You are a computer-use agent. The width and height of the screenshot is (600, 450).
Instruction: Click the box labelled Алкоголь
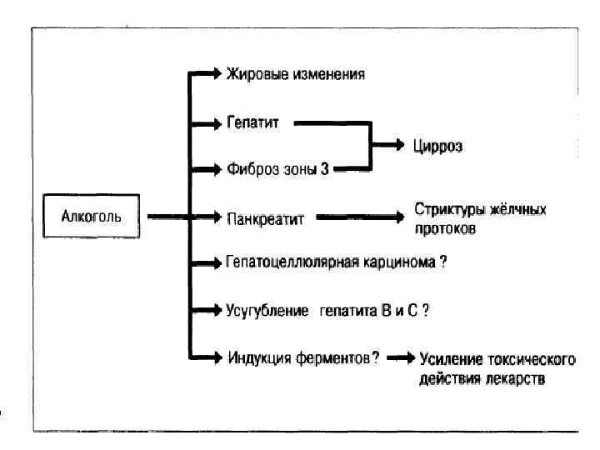(92, 217)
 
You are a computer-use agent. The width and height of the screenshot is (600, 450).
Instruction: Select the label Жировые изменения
(296, 74)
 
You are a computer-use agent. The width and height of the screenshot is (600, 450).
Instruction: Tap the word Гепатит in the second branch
(252, 122)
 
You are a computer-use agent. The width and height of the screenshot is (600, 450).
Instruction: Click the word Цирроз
(437, 146)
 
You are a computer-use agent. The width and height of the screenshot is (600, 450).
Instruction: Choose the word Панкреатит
(266, 217)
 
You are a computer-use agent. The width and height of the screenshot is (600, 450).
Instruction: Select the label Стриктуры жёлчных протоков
(480, 217)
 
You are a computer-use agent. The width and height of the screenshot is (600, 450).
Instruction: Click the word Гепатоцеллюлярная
(289, 262)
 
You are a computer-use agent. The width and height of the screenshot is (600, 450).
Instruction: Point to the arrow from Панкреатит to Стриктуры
(358, 217)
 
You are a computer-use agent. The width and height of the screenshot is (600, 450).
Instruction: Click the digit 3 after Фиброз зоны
(325, 169)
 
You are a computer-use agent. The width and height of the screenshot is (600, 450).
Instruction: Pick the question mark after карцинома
(443, 262)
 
